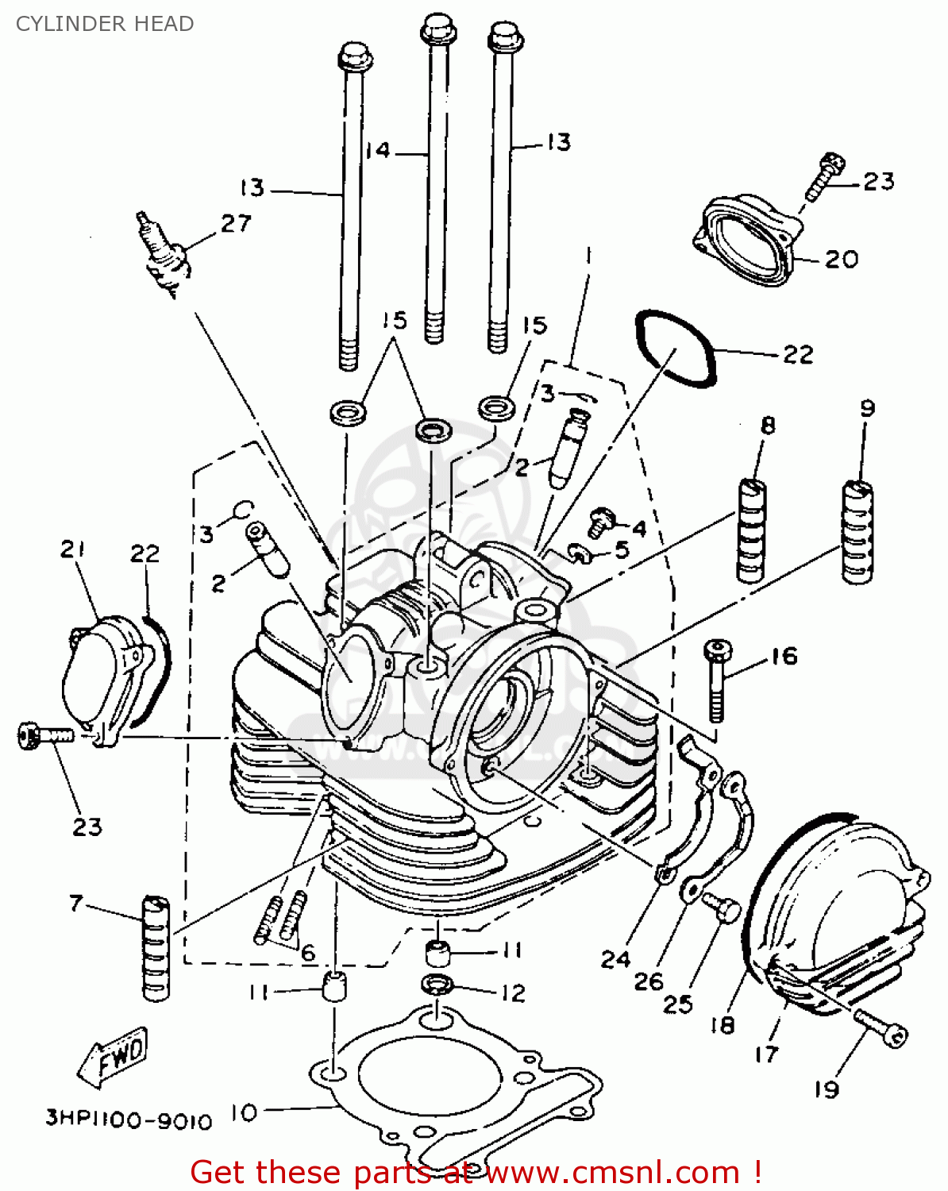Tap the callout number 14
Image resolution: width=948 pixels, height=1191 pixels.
pos(379,150)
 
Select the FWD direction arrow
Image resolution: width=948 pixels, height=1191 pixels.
pos(114,1057)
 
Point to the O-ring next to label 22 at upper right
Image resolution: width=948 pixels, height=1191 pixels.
pos(675,348)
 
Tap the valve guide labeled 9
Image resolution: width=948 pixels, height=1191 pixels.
pos(857,532)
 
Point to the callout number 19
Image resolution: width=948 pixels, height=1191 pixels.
pos(827,1089)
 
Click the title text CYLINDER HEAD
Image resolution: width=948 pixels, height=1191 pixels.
pos(105,24)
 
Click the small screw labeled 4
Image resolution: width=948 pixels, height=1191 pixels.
pos(600,522)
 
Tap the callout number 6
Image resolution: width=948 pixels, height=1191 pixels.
pos(307,952)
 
